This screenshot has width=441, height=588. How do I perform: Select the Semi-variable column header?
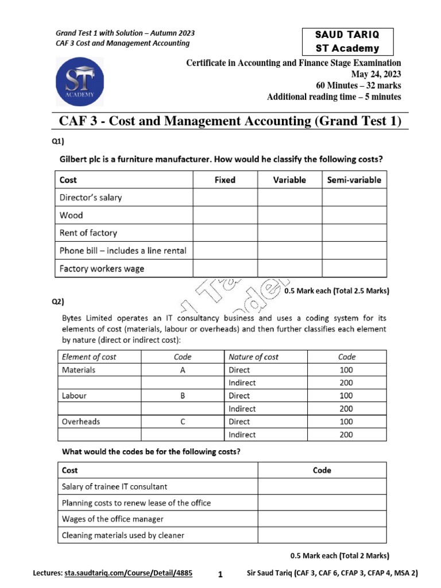tap(354, 180)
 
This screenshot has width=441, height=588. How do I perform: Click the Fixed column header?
tap(225, 180)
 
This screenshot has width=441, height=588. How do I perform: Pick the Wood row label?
tap(71, 215)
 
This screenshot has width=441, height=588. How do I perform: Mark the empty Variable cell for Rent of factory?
tap(289, 233)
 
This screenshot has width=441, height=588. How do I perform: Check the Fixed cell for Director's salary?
tap(225, 198)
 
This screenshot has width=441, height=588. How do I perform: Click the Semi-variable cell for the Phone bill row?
tap(354, 251)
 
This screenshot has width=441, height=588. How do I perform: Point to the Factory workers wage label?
tap(102, 269)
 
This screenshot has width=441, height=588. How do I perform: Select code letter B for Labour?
tap(183, 396)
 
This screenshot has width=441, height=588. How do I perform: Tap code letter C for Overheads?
tap(183, 421)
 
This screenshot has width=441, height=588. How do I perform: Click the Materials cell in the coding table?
tap(79, 370)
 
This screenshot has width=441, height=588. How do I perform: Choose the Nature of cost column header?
tap(253, 357)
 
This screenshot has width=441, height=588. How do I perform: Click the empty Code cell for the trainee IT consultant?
tap(322, 486)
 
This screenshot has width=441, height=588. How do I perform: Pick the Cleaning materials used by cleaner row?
tap(123, 535)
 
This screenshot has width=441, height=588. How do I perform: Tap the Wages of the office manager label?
tap(113, 519)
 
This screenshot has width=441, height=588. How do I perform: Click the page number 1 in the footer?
tap(220, 574)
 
